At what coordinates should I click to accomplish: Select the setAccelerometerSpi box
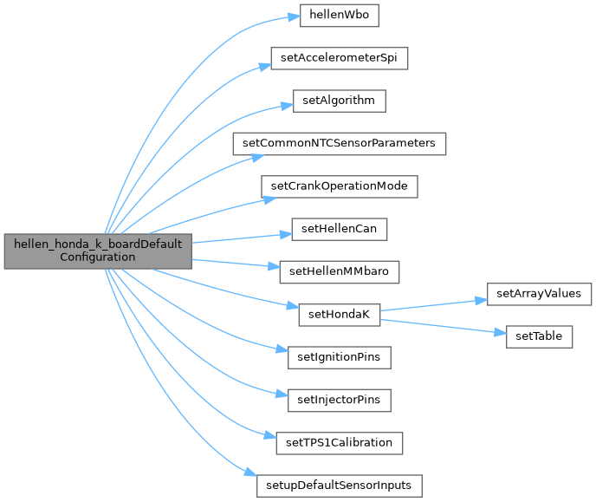pyautogui.click(x=339, y=59)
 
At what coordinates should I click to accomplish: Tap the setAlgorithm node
pyautogui.click(x=339, y=101)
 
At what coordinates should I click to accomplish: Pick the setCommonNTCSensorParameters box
pyautogui.click(x=339, y=143)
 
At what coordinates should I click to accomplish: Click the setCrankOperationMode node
pyautogui.click(x=339, y=186)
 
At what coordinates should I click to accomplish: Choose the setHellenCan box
pyautogui.click(x=339, y=230)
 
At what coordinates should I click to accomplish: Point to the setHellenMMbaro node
pyautogui.click(x=339, y=271)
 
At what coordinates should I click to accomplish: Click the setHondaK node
pyautogui.click(x=339, y=314)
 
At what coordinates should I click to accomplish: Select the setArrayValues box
pyautogui.click(x=539, y=293)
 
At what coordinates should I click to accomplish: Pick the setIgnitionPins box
pyautogui.click(x=339, y=356)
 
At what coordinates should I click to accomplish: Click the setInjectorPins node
pyautogui.click(x=339, y=399)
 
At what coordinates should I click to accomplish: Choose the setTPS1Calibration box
pyautogui.click(x=339, y=442)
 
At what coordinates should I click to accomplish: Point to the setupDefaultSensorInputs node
pyautogui.click(x=339, y=485)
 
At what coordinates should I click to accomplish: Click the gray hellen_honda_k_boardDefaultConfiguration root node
pyautogui.click(x=98, y=251)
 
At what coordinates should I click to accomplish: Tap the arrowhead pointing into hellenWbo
pyautogui.click(x=294, y=16)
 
